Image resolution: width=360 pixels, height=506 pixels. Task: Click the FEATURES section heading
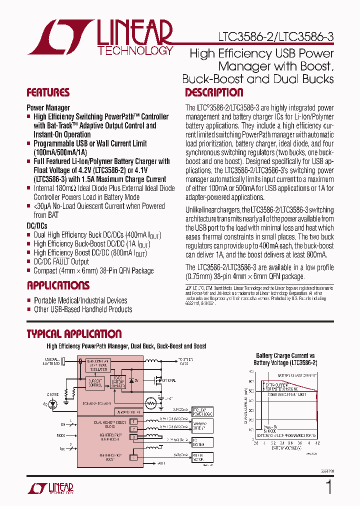(48, 92)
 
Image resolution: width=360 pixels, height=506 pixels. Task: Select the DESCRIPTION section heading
(214, 92)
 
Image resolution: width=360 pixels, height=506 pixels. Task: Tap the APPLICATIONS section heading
(58, 285)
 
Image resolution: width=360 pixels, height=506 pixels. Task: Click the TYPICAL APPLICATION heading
(74, 334)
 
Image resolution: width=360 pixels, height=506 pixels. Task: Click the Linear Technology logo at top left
(100, 37)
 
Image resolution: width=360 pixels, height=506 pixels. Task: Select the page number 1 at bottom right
(328, 486)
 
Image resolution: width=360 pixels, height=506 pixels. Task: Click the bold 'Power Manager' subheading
(48, 107)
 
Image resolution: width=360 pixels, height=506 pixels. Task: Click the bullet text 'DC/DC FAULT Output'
(61, 261)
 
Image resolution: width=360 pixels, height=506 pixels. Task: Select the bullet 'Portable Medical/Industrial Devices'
(80, 300)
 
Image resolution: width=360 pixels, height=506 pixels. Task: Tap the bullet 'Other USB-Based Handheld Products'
(83, 309)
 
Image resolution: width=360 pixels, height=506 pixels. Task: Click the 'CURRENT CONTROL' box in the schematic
(95, 383)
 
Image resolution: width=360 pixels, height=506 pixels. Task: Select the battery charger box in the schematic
(117, 381)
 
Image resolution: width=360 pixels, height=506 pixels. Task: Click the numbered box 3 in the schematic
(133, 437)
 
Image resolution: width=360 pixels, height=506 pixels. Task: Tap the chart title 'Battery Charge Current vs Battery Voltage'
(285, 359)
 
